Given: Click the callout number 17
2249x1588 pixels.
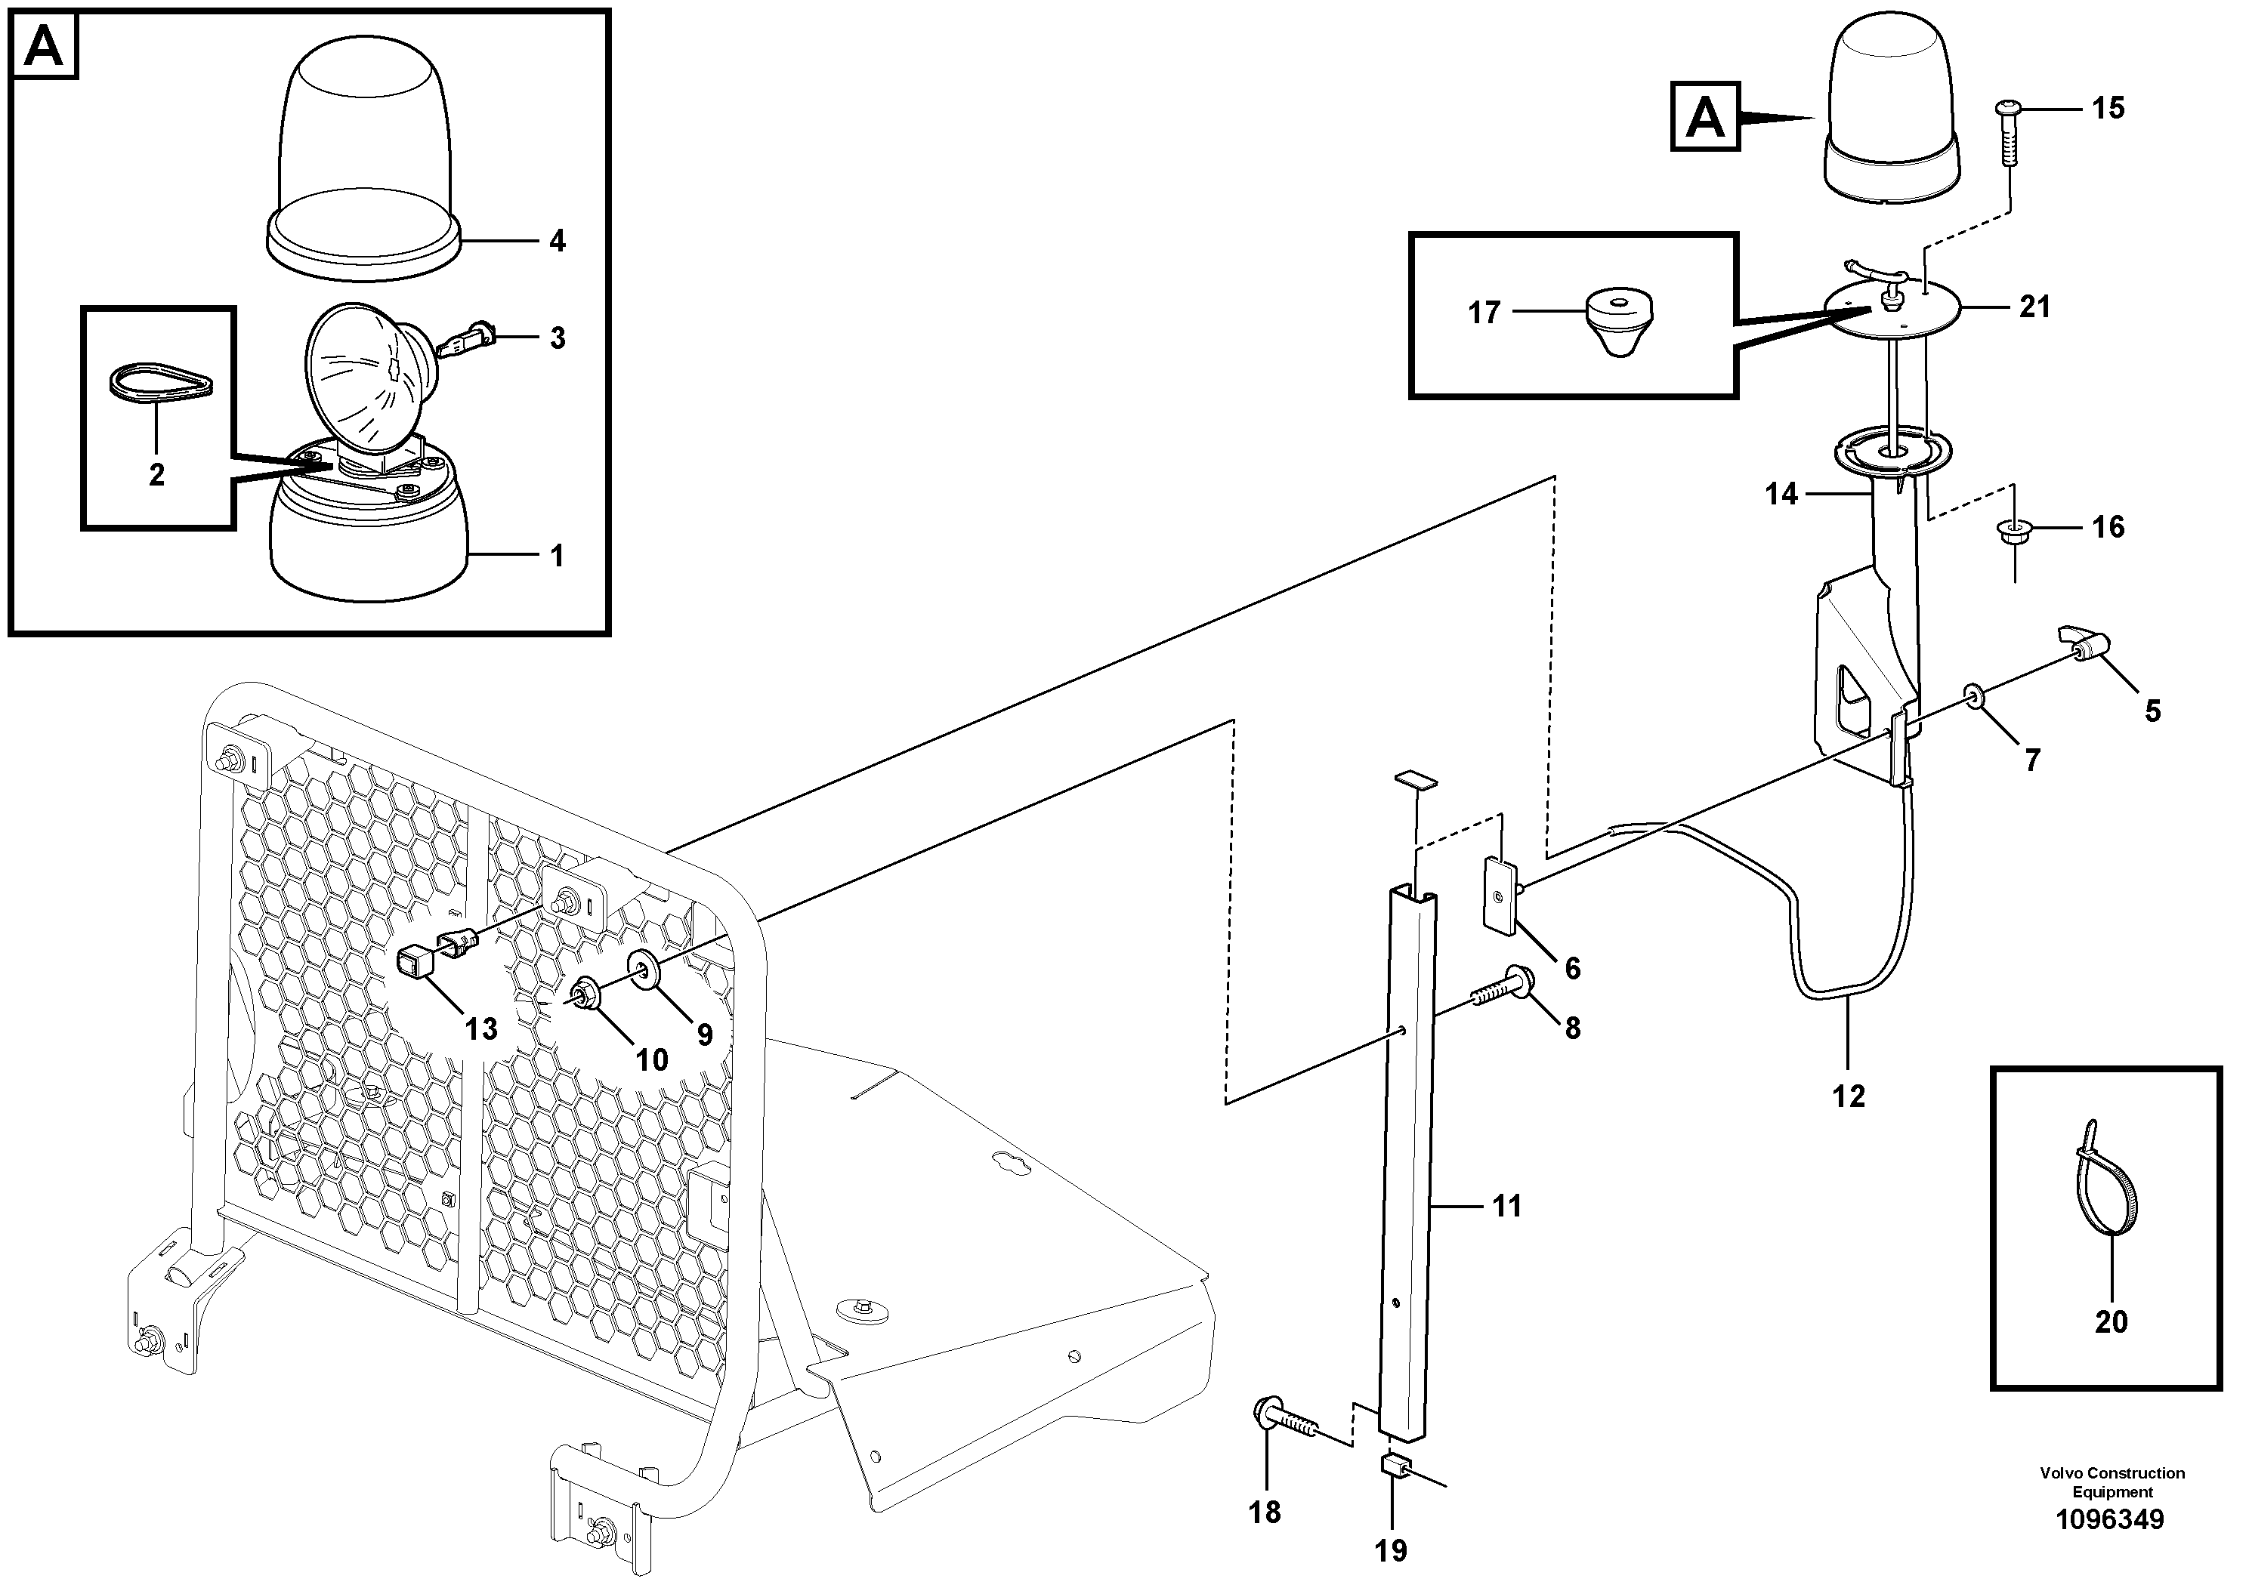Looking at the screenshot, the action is click(x=1484, y=313).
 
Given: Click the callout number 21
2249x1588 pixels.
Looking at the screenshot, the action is click(x=2034, y=307).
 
